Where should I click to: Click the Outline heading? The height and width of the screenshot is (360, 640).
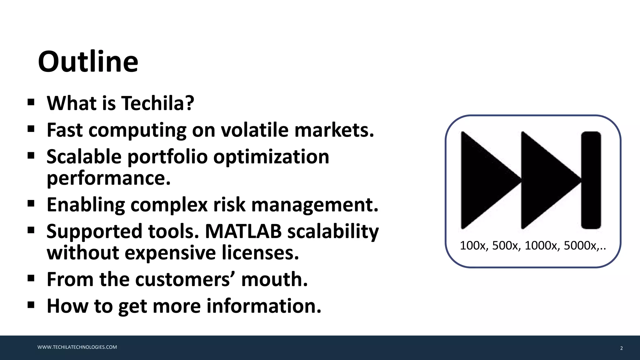(88, 62)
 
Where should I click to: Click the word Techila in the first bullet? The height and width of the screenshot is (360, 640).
(153, 103)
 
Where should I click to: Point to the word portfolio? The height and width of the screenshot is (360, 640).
(167, 157)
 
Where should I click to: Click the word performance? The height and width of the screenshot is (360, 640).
(108, 178)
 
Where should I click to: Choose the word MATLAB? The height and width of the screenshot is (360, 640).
(243, 231)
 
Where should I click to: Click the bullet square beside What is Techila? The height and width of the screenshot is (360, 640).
(31, 102)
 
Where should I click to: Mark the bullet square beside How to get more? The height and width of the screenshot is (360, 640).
(31, 305)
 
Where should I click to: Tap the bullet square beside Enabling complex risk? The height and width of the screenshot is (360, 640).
(31, 204)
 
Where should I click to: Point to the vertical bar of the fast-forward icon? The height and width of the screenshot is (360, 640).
(591, 180)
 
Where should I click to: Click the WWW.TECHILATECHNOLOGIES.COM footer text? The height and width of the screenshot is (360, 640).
(77, 347)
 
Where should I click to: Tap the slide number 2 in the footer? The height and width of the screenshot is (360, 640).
(621, 348)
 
